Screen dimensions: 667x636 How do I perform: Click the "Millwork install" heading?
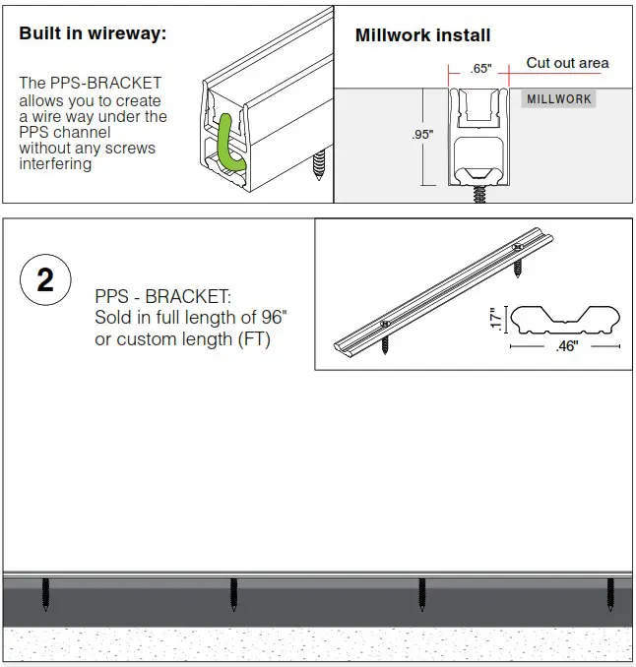pyautogui.click(x=422, y=36)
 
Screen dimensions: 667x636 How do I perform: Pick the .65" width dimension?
pyautogui.click(x=480, y=69)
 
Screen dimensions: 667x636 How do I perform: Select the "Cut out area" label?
pyautogui.click(x=567, y=63)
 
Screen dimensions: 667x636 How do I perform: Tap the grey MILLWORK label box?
pyautogui.click(x=558, y=99)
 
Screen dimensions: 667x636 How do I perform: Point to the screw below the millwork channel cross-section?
pyautogui.click(x=479, y=194)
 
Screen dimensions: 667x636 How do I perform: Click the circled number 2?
pyautogui.click(x=45, y=280)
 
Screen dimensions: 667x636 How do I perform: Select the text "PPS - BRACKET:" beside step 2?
pyautogui.click(x=163, y=297)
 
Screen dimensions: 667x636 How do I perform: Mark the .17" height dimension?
pyautogui.click(x=496, y=318)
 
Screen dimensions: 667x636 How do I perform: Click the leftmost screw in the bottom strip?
pyautogui.click(x=45, y=594)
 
